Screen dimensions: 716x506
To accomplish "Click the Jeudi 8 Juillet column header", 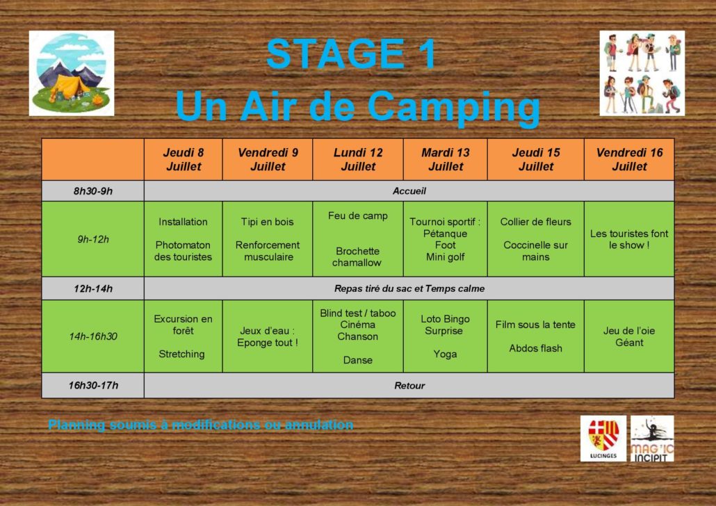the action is point(183,159).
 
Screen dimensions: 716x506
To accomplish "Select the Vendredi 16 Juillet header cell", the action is point(629,159).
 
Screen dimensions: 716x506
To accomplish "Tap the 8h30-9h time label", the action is point(93,191).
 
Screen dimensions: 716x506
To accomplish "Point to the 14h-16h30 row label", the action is point(93,336).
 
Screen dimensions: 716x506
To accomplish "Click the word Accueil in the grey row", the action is point(409,191).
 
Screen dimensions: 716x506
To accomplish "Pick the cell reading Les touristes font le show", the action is point(629,239).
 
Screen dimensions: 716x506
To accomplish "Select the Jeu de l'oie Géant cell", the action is point(629,336).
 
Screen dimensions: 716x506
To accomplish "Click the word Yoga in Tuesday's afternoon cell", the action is point(445,354).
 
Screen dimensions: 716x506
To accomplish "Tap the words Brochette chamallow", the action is point(357,256).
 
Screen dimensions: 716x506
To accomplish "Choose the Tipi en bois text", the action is point(267,222).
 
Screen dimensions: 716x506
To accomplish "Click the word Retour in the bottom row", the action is point(409,386).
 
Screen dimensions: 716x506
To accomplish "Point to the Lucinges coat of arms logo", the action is point(603,439).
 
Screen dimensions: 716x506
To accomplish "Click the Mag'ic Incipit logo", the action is point(652,439).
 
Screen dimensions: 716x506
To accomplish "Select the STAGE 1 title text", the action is point(350,54).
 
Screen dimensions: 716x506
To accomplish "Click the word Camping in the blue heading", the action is point(453,107).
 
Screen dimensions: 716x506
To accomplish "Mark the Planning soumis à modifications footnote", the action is point(201,425).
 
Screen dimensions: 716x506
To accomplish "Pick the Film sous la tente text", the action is point(535,325).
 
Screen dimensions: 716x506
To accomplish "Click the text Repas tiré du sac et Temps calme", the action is point(409,288).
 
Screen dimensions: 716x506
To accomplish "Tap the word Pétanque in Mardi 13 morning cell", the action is point(445,234).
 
